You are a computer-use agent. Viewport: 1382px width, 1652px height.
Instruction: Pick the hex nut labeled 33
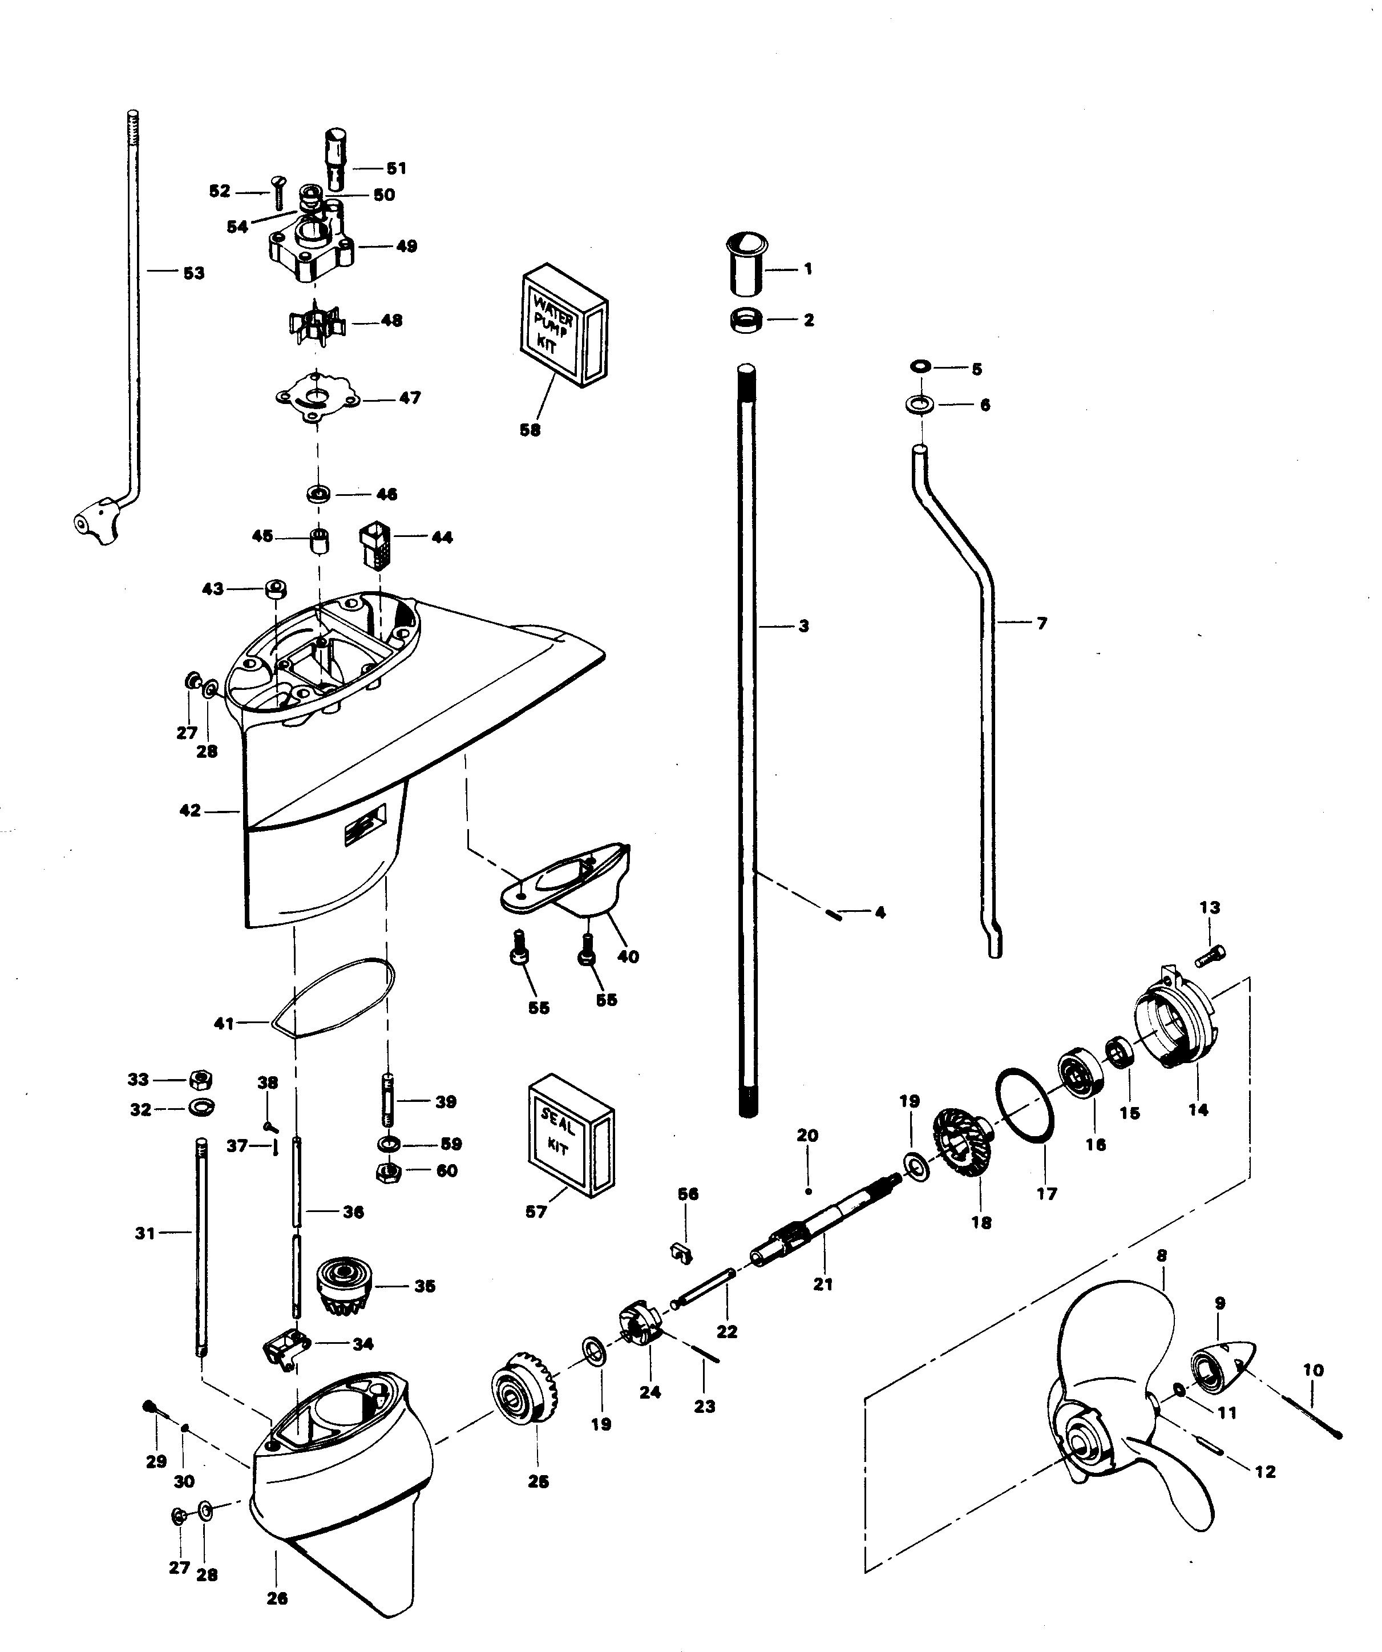201,1079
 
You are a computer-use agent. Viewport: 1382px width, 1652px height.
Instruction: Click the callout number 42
189,810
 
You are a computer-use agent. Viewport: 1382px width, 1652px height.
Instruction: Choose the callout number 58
530,430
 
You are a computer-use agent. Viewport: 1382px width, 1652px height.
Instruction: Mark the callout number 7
1041,624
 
